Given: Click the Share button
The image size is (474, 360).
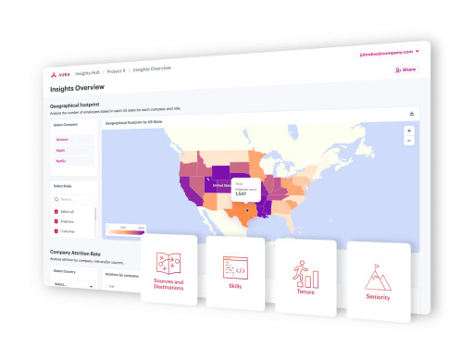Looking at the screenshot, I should pos(405,69).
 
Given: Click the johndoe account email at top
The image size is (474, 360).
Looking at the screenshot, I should pos(390,52).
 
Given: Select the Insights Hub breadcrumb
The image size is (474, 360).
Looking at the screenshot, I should pos(90,72).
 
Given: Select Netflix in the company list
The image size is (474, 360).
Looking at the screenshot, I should pos(61,160).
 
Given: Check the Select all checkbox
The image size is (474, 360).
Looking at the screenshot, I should pos(56,211).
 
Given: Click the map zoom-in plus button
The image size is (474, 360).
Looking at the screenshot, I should pos(408,131).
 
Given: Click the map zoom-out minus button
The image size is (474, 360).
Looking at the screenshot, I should pos(408,142).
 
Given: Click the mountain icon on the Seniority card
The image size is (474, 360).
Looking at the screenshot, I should pos(377,276).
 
